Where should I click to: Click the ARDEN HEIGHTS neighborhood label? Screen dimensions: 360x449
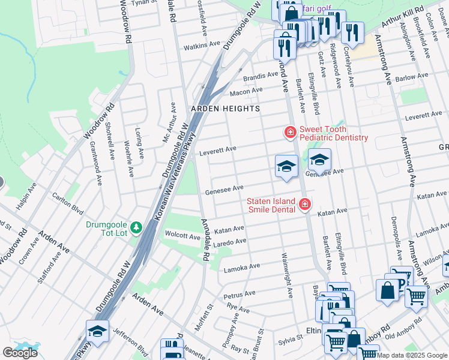pyautogui.click(x=225, y=109)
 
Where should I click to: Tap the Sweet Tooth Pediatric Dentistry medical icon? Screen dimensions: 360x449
pyautogui.click(x=290, y=131)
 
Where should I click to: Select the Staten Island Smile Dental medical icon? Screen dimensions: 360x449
pyautogui.click(x=305, y=205)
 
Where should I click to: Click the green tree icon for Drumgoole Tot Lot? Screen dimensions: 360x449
pyautogui.click(x=137, y=227)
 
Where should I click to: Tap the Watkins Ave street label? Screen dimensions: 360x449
pyautogui.click(x=202, y=46)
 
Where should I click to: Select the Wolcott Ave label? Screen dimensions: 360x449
pyautogui.click(x=182, y=236)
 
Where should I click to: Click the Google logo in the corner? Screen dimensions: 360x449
pyautogui.click(x=20, y=353)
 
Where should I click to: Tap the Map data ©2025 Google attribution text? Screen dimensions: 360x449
pyautogui.click(x=412, y=355)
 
